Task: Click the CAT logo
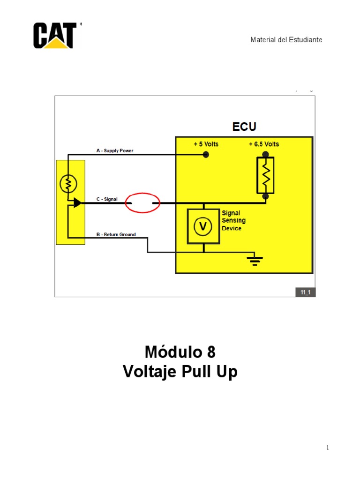[x=55, y=35]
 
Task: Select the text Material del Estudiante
[x=286, y=40]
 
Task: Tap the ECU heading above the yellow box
[x=244, y=127]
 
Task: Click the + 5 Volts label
[x=206, y=144]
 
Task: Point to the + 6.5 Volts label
[x=264, y=144]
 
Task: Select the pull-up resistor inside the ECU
[x=265, y=175]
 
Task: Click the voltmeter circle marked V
[x=203, y=226]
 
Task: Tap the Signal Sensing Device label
[x=233, y=220]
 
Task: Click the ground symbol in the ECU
[x=255, y=261]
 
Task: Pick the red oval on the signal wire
[x=142, y=203]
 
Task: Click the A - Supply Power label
[x=115, y=151]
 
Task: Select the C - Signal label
[x=107, y=199]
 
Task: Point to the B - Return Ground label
[x=116, y=234]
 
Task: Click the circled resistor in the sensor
[x=68, y=185]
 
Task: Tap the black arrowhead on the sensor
[x=77, y=203]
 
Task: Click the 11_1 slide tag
[x=305, y=292]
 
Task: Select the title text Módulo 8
[x=180, y=352]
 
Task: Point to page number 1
[x=328, y=448]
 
